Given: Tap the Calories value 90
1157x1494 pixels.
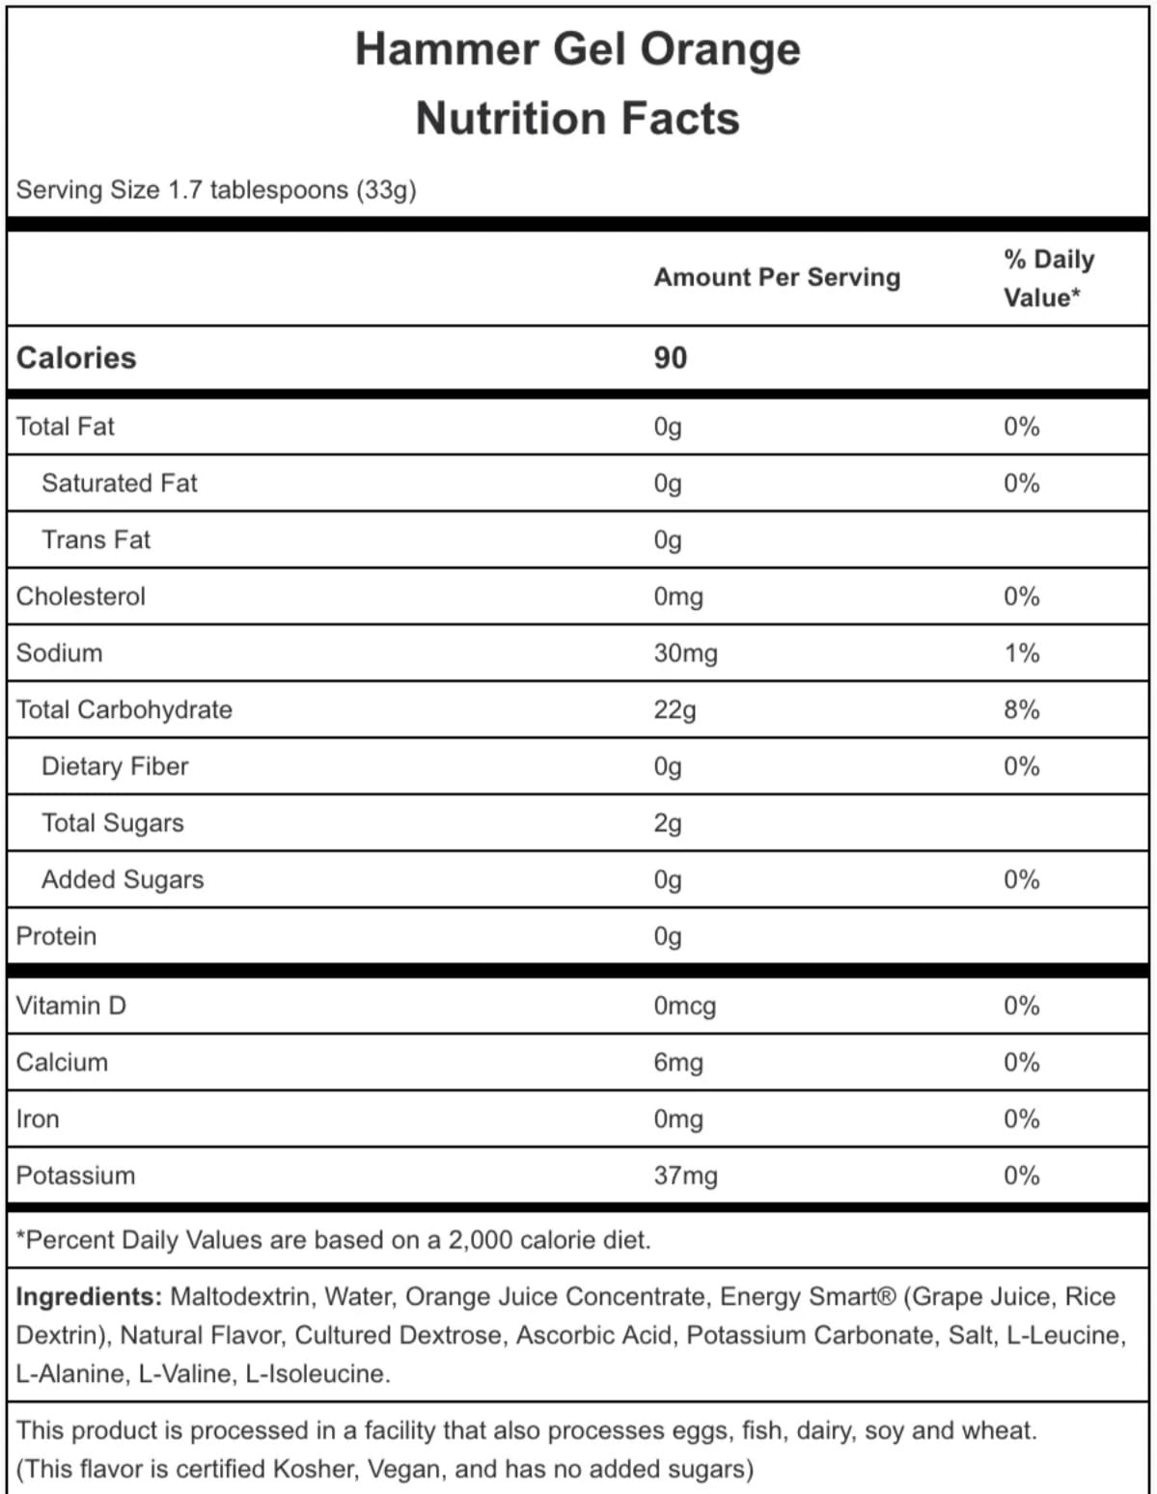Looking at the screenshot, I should (x=670, y=358).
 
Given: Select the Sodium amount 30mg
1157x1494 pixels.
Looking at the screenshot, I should (x=685, y=653).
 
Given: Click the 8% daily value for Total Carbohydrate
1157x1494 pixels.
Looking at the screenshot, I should (x=1021, y=710).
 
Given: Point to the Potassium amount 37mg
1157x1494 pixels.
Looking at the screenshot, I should (x=685, y=1176).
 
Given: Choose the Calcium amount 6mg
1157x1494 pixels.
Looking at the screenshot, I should (x=678, y=1063).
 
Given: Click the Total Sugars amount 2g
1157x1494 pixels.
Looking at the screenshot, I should (x=668, y=823).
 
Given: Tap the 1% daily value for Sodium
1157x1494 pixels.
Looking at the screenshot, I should (x=1021, y=653).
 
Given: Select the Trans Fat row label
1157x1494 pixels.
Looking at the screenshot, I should (x=96, y=539).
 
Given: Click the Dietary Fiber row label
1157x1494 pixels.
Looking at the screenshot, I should (x=115, y=766).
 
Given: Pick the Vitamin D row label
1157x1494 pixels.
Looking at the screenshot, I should (x=70, y=1006).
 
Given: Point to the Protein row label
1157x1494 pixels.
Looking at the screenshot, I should (x=56, y=936).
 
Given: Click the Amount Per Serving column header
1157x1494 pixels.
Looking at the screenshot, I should (x=777, y=278).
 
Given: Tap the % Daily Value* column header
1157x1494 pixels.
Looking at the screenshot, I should (x=1048, y=278).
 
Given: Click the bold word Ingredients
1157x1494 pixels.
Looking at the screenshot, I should (x=88, y=1296).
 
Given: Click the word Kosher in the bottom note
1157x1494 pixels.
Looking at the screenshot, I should (x=315, y=1469).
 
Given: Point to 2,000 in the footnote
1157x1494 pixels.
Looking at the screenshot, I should (x=480, y=1240).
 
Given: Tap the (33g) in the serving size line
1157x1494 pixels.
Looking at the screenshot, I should (x=386, y=190).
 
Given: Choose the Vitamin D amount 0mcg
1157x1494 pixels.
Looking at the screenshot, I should (x=684, y=1006).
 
